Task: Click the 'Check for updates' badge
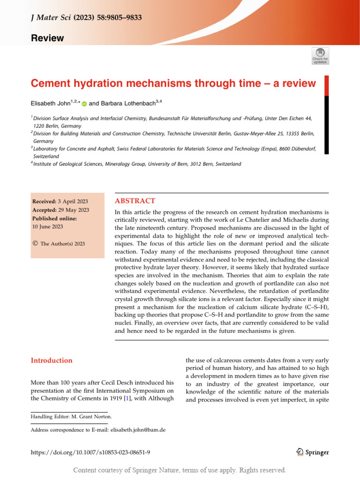point(321,55)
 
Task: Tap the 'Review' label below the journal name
point(47,38)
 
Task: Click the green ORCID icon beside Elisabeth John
point(84,104)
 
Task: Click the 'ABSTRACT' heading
point(135,201)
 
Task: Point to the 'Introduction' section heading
point(52,360)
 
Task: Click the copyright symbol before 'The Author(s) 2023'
point(35,243)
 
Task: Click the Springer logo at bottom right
point(313,452)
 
